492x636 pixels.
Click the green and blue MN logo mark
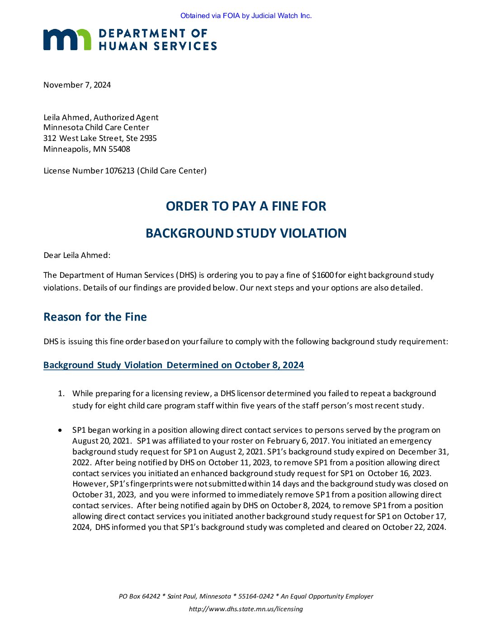pos(67,40)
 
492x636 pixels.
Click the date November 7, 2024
pos(77,85)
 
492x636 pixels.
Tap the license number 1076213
pos(120,171)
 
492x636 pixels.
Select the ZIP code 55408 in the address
pos(119,149)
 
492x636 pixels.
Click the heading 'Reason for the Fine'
pos(95,317)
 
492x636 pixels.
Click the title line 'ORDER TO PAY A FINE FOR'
pos(246,206)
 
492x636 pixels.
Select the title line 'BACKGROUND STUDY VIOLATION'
pos(246,234)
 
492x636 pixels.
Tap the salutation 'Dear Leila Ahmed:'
pos(77,255)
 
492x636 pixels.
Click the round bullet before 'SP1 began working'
pos(60,430)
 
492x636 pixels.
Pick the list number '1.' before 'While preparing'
pos(61,393)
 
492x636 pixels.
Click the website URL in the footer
pos(246,609)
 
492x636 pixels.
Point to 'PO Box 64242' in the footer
pos(139,596)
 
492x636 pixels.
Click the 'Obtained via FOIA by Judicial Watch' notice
pos(246,16)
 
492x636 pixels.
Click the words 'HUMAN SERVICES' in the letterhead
pos(157,46)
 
